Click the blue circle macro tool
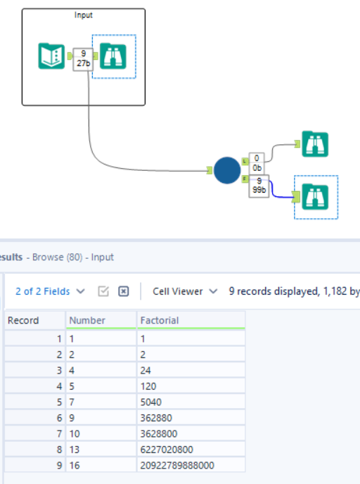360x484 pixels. click(227, 170)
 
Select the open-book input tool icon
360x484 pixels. click(51, 56)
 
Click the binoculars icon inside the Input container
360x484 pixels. click(113, 56)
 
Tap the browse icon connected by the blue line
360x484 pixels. click(315, 197)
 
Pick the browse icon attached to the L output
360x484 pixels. click(315, 144)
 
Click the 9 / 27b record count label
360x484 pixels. click(83, 59)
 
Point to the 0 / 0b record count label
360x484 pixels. click(257, 163)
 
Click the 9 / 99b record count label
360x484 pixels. click(259, 186)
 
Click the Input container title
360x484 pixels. click(83, 15)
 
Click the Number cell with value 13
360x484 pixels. click(101, 450)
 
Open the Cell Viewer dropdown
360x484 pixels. click(185, 291)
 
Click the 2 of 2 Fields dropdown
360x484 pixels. click(50, 291)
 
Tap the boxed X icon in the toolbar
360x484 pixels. click(123, 291)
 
